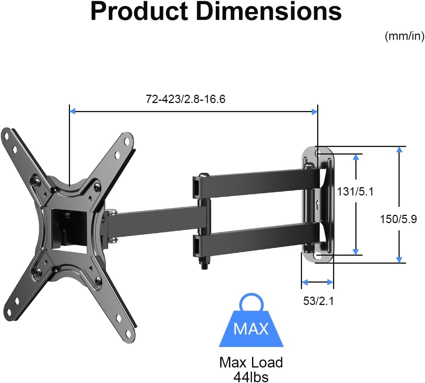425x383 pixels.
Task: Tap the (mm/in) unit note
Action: (x=404, y=37)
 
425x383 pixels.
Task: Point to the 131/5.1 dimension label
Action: (x=355, y=192)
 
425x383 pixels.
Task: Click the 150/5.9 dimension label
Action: (x=398, y=219)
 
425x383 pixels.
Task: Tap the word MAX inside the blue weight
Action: (x=251, y=328)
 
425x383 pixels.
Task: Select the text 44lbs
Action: (x=251, y=377)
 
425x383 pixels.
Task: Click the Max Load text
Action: (x=251, y=363)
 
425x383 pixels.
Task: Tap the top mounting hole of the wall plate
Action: (x=318, y=153)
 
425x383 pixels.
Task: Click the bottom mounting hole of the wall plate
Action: (x=318, y=256)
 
